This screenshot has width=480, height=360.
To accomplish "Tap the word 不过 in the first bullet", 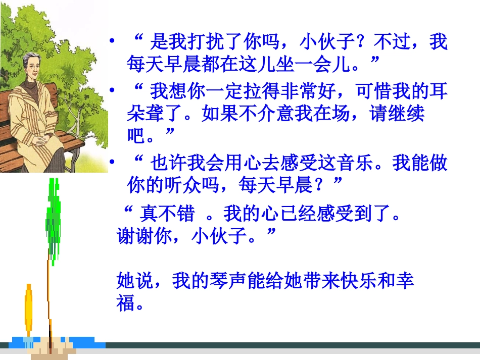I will pos(395,42).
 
